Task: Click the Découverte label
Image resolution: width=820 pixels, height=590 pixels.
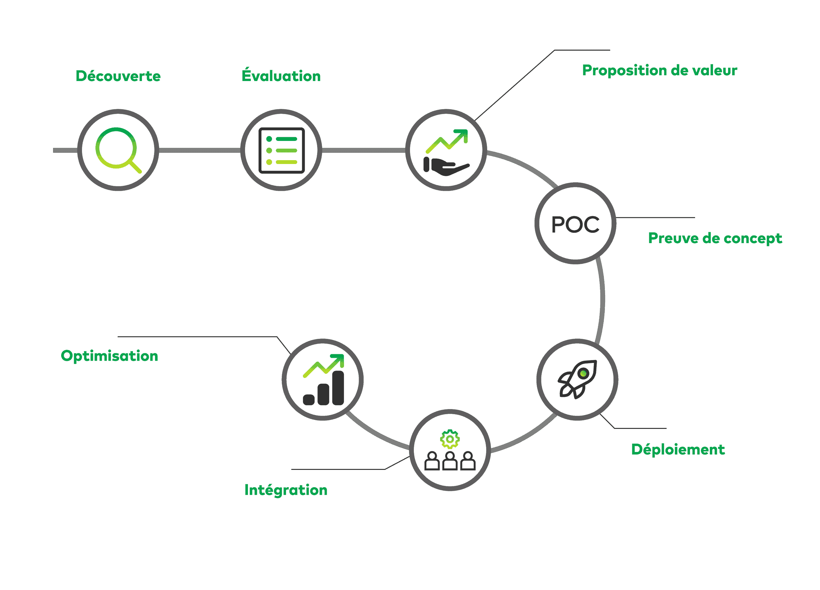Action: pos(118,76)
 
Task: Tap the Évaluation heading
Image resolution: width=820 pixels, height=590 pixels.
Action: pos(281,76)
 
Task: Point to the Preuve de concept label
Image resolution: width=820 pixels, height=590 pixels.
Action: pos(715,238)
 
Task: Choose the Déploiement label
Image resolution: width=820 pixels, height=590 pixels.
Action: pos(677,450)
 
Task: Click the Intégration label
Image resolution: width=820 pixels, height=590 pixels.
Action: pos(286,490)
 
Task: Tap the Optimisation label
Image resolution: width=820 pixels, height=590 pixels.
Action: pos(109,356)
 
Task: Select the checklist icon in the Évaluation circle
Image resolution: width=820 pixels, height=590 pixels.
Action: pos(282,151)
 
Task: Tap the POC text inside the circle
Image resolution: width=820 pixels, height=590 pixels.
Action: pos(575,225)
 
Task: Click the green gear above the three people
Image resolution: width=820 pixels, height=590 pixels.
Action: pos(450,439)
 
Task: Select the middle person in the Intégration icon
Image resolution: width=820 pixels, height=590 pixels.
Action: pos(450,461)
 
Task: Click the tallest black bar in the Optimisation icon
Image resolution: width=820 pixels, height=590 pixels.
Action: pos(338,388)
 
